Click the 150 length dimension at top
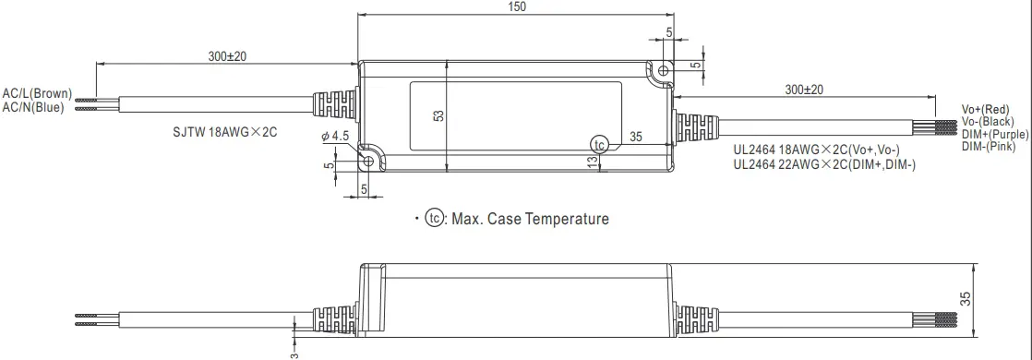(x=517, y=7)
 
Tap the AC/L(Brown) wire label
(x=37, y=93)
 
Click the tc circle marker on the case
(x=600, y=145)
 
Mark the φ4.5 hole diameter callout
(x=335, y=136)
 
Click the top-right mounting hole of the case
(x=662, y=70)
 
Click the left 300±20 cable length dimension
(x=227, y=56)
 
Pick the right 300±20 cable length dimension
(x=803, y=90)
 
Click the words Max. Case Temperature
(x=530, y=219)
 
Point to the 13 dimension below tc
(x=591, y=162)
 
